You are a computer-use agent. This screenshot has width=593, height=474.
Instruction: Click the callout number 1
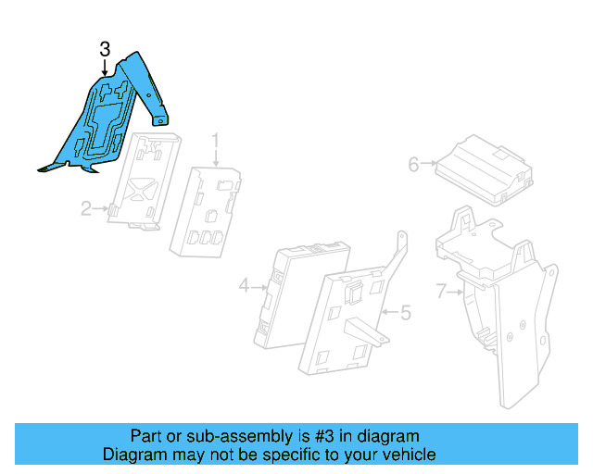pos(215,142)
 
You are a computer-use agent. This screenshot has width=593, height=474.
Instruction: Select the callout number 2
pos(86,209)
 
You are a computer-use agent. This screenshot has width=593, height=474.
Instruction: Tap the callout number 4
pos(244,287)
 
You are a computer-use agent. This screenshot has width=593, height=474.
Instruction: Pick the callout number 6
pos(413,165)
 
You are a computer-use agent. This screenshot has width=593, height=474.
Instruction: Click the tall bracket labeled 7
pos(505,315)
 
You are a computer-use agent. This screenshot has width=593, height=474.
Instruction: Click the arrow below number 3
pos(105,67)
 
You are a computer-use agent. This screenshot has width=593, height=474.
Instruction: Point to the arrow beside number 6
pos(430,165)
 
